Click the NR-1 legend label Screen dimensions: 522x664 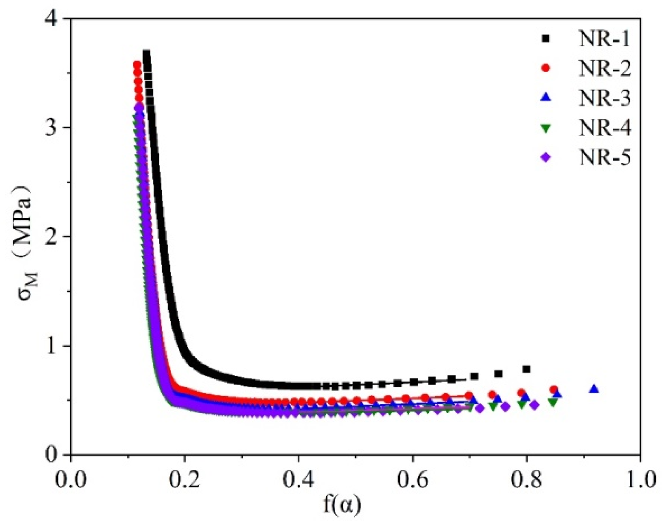pos(605,40)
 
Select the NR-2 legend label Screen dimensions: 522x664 pos(605,69)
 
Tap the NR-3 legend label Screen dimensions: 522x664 pos(605,99)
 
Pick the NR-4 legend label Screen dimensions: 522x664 pos(605,129)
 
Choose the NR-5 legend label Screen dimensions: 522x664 pos(605,158)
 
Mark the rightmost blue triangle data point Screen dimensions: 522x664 pos(594,389)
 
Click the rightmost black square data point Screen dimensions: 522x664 pos(526,369)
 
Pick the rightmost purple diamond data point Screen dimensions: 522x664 pos(534,405)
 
